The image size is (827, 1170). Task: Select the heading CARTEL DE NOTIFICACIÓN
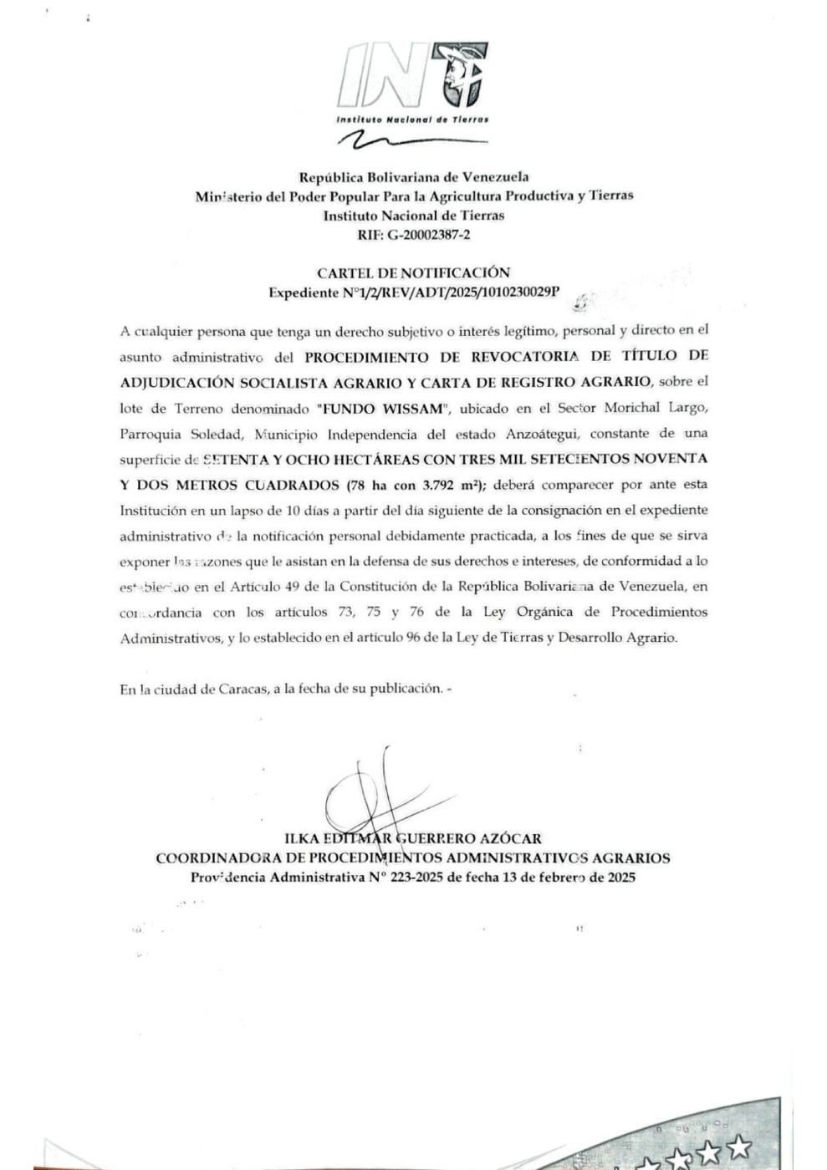tap(413, 272)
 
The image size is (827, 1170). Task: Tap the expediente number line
tap(413, 293)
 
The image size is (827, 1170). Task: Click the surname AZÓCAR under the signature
tap(512, 838)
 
